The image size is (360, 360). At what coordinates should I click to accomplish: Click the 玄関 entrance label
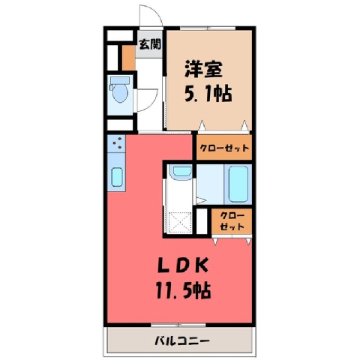(150, 44)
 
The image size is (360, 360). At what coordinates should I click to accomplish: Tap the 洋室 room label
(203, 69)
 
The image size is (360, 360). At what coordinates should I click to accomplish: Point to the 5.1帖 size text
(208, 94)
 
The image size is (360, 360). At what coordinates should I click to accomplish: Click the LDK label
(183, 265)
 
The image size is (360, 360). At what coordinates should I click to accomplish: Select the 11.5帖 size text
(184, 290)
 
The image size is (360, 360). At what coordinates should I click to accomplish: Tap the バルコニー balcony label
(182, 340)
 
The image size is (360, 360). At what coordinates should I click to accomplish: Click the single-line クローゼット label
(224, 148)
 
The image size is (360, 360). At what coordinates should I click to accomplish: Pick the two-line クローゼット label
(232, 221)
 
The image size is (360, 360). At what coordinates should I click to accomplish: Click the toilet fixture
(120, 89)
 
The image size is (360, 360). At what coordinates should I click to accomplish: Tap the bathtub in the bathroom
(238, 184)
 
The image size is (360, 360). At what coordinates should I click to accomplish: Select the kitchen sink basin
(117, 177)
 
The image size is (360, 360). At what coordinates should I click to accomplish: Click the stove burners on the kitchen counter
(117, 143)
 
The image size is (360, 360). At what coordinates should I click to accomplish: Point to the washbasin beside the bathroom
(181, 170)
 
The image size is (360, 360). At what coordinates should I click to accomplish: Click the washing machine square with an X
(180, 223)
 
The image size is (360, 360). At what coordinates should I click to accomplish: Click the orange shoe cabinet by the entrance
(129, 58)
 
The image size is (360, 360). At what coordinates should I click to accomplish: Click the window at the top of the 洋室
(208, 28)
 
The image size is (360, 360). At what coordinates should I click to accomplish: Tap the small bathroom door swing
(200, 200)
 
